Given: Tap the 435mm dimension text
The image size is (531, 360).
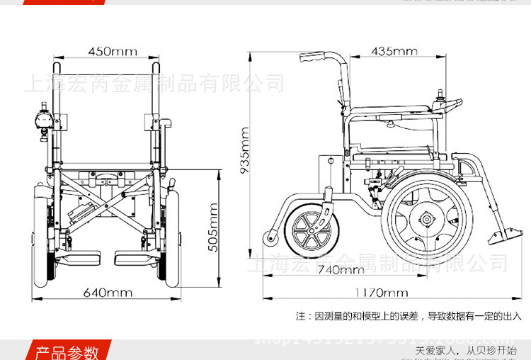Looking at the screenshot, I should click(394, 51).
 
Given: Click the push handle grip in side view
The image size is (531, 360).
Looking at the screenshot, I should click(312, 59).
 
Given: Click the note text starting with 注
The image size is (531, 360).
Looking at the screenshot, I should click(409, 315).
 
